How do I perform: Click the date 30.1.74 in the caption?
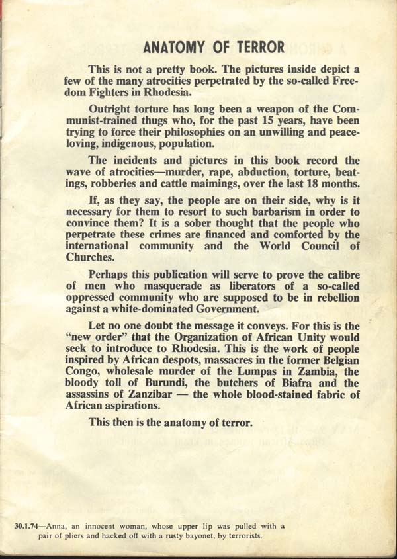click(26, 527)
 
